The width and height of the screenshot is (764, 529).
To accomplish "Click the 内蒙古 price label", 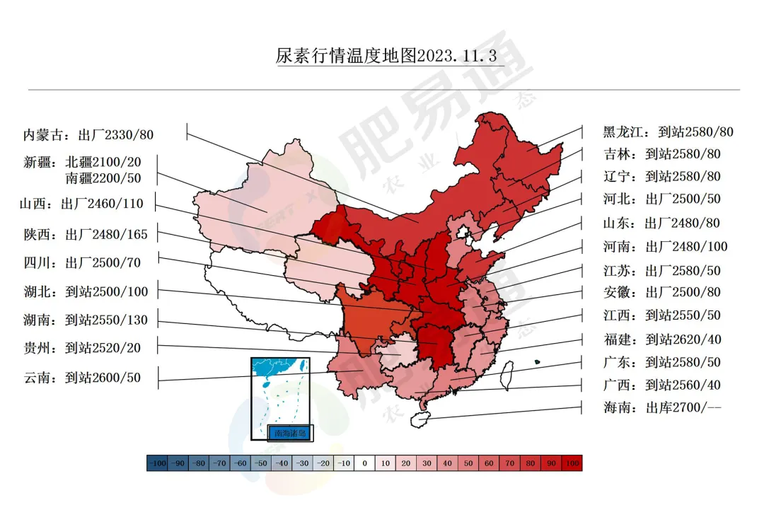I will coord(88,134).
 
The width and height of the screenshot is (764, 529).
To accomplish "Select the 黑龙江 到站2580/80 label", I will coord(668,132).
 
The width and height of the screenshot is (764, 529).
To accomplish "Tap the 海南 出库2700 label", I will coord(662,407).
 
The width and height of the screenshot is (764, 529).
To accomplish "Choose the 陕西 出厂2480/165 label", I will coord(86,233).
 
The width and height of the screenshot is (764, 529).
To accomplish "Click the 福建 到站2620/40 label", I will coord(662,339).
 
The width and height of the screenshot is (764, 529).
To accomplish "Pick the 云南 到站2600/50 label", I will coord(82,378).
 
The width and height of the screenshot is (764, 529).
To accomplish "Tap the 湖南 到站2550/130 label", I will coord(86,320).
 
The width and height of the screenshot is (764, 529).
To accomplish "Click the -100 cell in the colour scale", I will coord(157,463).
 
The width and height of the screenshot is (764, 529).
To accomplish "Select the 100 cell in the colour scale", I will coord(572,463).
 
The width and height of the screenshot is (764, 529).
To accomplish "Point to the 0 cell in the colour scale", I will coord(364,463).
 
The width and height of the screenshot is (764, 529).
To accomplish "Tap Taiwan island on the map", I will coord(507,376).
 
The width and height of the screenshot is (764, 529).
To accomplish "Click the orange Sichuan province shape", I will coord(368,318).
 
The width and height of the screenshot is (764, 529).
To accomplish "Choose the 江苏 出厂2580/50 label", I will coord(661,271).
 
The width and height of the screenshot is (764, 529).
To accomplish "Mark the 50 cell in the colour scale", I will coord(468,463).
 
